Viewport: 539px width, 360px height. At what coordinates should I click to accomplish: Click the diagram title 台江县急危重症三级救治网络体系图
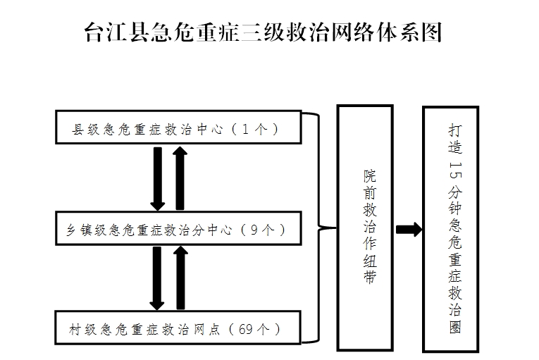[263, 32]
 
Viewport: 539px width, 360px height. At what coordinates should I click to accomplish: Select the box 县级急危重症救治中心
[178, 127]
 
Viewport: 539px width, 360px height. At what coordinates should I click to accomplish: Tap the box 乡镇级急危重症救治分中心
[178, 228]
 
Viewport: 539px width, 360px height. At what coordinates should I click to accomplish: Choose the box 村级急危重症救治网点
[178, 328]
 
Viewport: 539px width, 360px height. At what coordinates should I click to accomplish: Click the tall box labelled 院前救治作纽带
[365, 228]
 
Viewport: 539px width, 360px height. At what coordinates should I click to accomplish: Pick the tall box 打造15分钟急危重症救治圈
[451, 230]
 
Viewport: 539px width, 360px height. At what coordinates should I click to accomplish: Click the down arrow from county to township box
[158, 179]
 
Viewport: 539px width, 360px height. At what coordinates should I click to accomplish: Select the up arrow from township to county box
[180, 178]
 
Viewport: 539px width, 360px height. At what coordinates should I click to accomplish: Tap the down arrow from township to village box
[157, 278]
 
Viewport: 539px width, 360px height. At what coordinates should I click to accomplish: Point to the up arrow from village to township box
[180, 278]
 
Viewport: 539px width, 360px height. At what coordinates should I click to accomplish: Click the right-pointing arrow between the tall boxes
[409, 230]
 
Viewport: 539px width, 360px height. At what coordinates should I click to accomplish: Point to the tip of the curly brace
[336, 228]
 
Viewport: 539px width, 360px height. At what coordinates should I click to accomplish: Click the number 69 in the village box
[245, 330]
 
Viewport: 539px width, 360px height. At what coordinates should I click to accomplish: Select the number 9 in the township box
[254, 230]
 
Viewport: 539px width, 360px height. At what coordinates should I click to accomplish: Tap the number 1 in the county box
[245, 129]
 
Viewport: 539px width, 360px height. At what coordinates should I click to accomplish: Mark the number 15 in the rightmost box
[454, 170]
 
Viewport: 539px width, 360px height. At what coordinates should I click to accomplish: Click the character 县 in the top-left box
[78, 130]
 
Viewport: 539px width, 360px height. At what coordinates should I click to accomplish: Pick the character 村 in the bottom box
[75, 330]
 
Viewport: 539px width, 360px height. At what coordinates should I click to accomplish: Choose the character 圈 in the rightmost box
[454, 327]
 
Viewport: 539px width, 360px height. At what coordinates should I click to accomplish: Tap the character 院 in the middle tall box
[370, 176]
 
